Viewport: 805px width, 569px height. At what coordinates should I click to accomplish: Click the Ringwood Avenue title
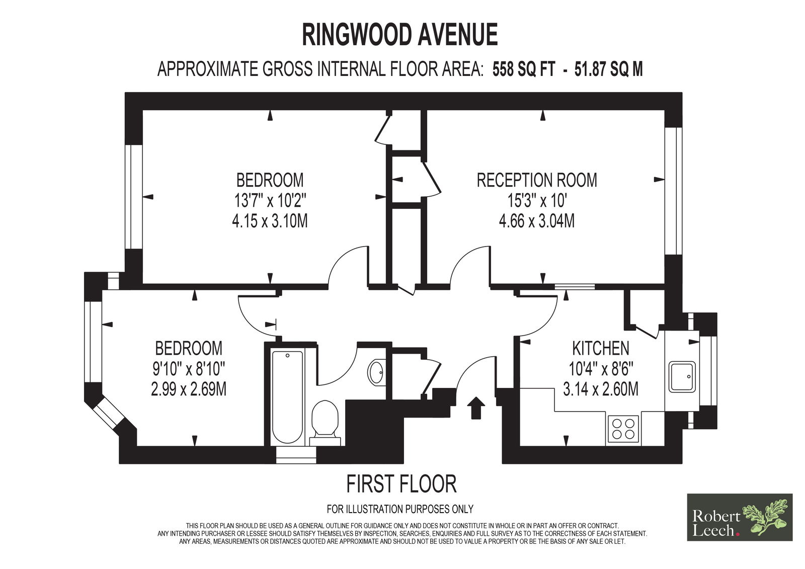click(400, 35)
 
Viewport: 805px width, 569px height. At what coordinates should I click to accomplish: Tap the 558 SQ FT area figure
click(524, 69)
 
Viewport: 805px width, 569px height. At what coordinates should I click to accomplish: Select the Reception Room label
click(537, 180)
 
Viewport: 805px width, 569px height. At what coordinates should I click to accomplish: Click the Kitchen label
click(601, 348)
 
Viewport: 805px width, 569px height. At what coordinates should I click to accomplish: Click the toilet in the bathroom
click(325, 424)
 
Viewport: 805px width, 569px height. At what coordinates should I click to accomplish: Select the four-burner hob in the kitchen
click(623, 429)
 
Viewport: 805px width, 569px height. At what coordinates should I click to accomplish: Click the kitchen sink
click(682, 377)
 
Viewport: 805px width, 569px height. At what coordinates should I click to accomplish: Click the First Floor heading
click(401, 484)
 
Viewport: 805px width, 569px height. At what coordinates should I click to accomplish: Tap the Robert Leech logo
click(740, 517)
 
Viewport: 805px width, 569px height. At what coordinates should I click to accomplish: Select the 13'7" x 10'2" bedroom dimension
click(270, 201)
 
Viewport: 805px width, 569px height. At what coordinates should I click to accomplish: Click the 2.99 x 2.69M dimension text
click(189, 389)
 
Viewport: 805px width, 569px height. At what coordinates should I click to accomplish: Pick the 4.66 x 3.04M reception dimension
click(537, 221)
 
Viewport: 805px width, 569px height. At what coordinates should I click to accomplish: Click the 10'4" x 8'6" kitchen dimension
click(601, 369)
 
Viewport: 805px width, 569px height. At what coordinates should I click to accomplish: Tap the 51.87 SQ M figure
click(608, 69)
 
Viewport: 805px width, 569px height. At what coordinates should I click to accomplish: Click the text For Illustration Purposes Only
click(400, 509)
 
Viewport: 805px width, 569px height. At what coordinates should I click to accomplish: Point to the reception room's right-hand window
click(673, 191)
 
